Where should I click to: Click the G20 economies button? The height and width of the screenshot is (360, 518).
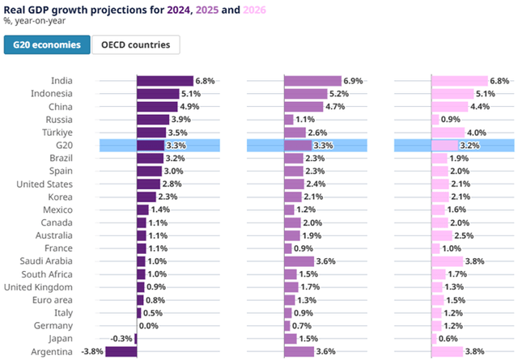[x=46, y=45]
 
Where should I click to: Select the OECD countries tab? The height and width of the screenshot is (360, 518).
[x=135, y=45]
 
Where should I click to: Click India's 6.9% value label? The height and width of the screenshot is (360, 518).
[x=353, y=82]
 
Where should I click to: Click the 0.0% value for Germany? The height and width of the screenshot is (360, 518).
[x=149, y=326]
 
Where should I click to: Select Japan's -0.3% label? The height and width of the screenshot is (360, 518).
[x=121, y=339]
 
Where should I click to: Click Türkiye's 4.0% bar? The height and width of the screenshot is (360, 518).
[x=448, y=133]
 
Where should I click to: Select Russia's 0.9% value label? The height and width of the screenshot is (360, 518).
[x=452, y=120]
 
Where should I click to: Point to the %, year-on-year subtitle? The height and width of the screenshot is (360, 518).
[x=33, y=20]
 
